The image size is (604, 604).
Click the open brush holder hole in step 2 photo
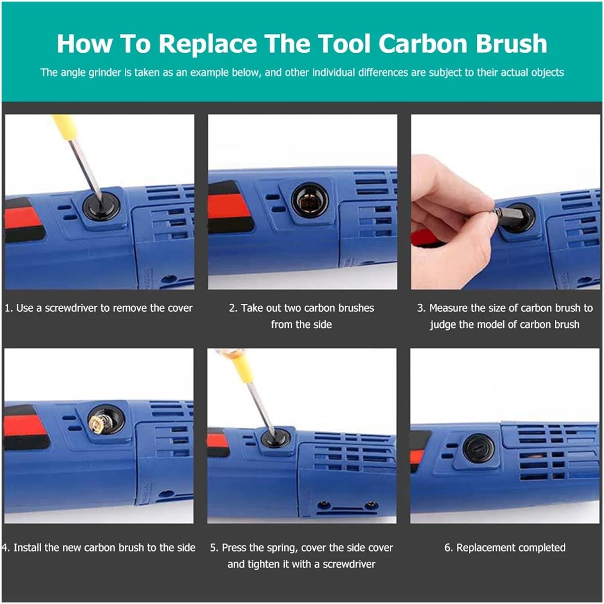point(309,200)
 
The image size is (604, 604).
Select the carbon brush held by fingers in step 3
point(508,211)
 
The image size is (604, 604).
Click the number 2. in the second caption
point(233,308)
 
